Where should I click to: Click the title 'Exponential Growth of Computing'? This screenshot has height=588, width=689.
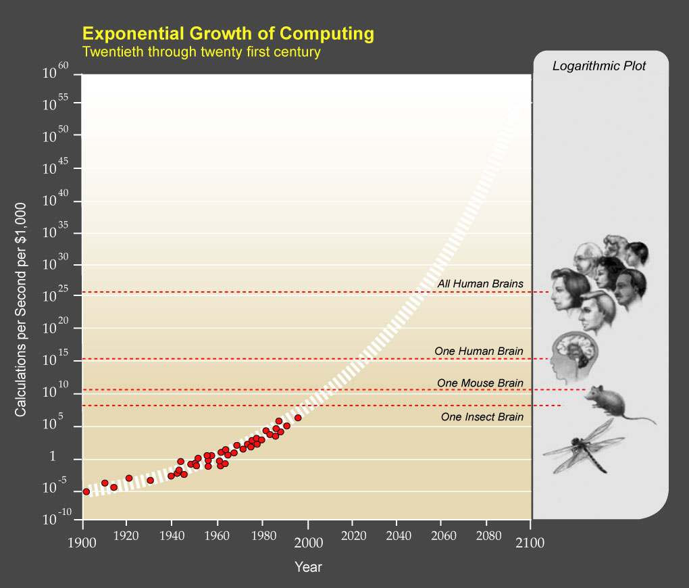point(228,33)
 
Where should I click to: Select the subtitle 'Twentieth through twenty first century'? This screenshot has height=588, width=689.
point(201,51)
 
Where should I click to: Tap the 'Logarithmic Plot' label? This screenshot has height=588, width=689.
point(599,66)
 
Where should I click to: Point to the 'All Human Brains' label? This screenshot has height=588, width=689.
point(480,284)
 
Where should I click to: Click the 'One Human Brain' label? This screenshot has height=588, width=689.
point(478,351)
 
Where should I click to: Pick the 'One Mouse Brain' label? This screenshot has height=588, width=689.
point(480,383)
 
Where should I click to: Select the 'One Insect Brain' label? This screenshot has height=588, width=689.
point(482,417)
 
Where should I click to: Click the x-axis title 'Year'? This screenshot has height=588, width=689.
point(308,567)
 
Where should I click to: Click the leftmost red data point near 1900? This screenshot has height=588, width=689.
point(86,491)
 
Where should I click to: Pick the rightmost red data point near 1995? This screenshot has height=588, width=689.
point(298,418)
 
